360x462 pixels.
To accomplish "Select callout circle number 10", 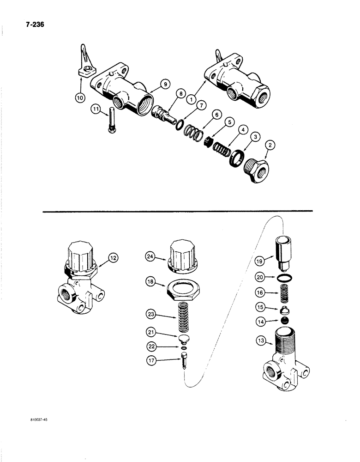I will pos(82,98).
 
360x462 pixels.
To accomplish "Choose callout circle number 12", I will pos(113,257).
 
